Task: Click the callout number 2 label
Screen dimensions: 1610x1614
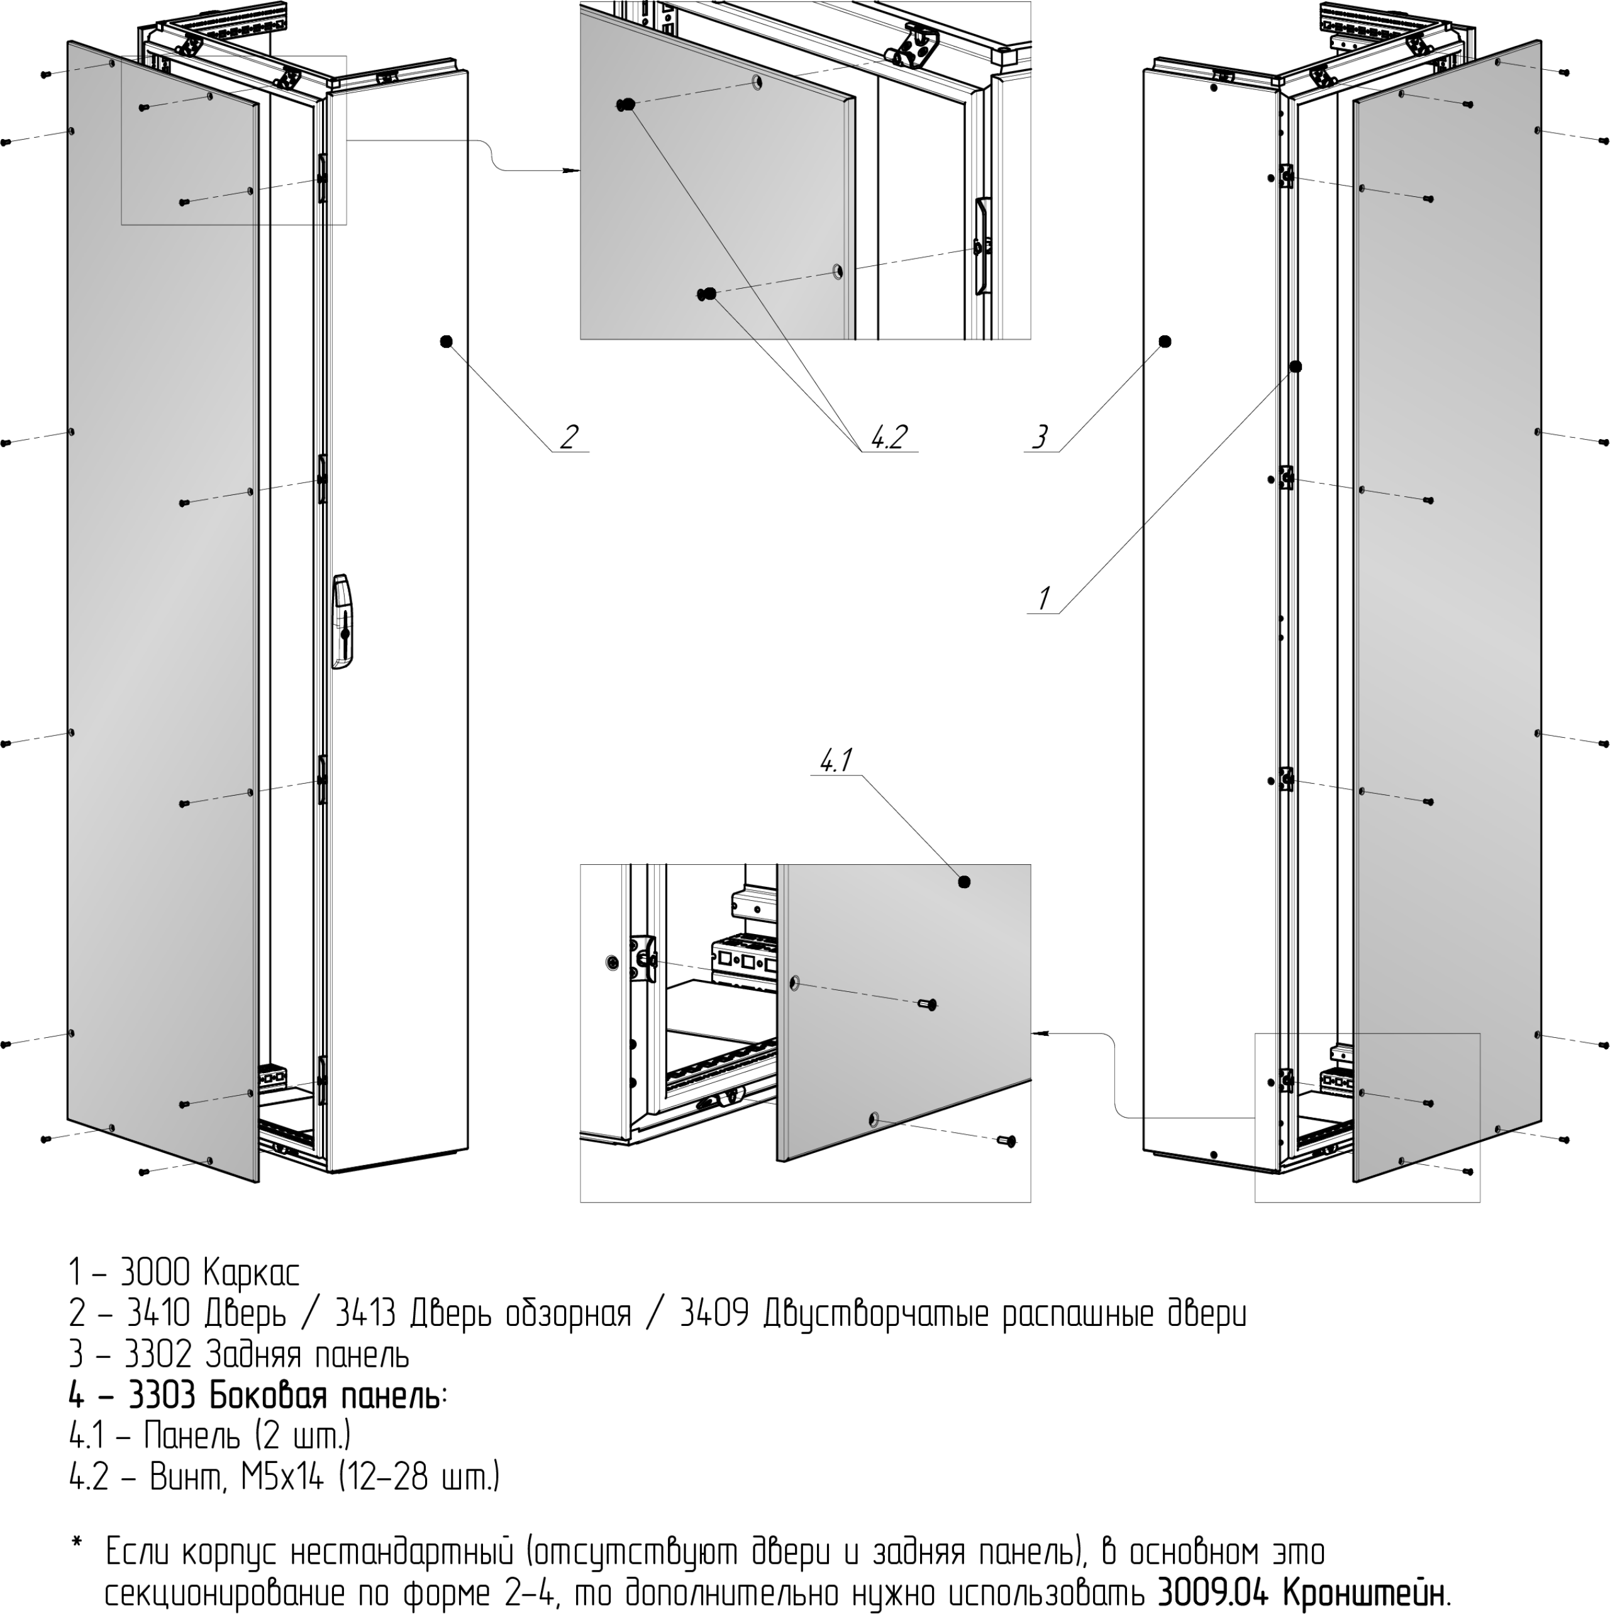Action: pos(569,437)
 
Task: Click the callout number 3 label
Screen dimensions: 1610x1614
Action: pos(1040,437)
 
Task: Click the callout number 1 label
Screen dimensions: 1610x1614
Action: pos(1043,598)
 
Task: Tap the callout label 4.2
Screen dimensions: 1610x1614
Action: pos(889,437)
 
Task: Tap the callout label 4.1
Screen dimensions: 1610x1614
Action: pos(835,760)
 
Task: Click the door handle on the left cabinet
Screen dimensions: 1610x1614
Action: pos(341,621)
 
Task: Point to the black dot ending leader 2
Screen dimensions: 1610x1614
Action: pos(445,341)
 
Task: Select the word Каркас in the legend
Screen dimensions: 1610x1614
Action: pos(251,1274)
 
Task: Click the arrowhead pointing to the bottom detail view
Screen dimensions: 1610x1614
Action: pos(1040,1033)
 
